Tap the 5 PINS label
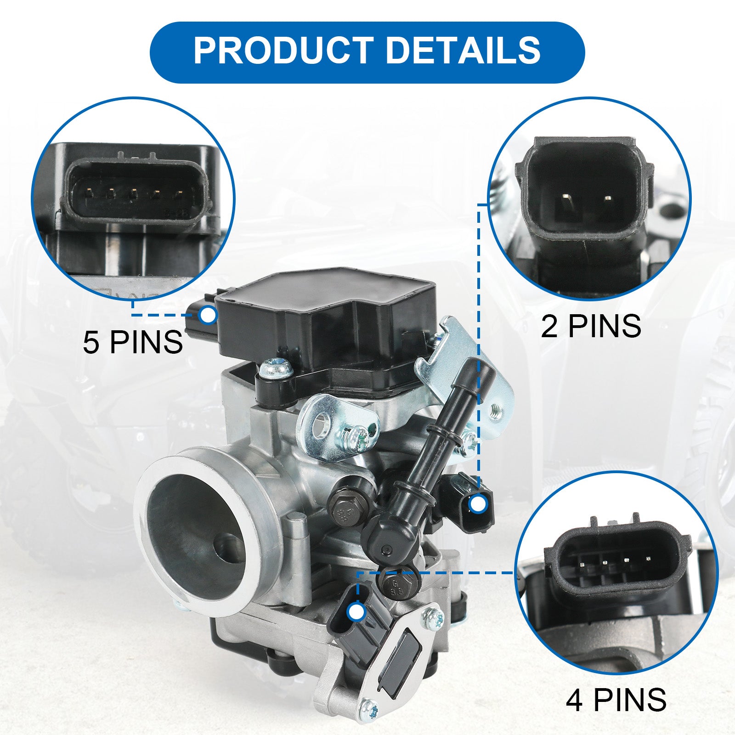(x=133, y=342)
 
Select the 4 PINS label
(x=616, y=700)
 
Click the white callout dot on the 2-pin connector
(x=478, y=504)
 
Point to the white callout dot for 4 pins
(x=356, y=612)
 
